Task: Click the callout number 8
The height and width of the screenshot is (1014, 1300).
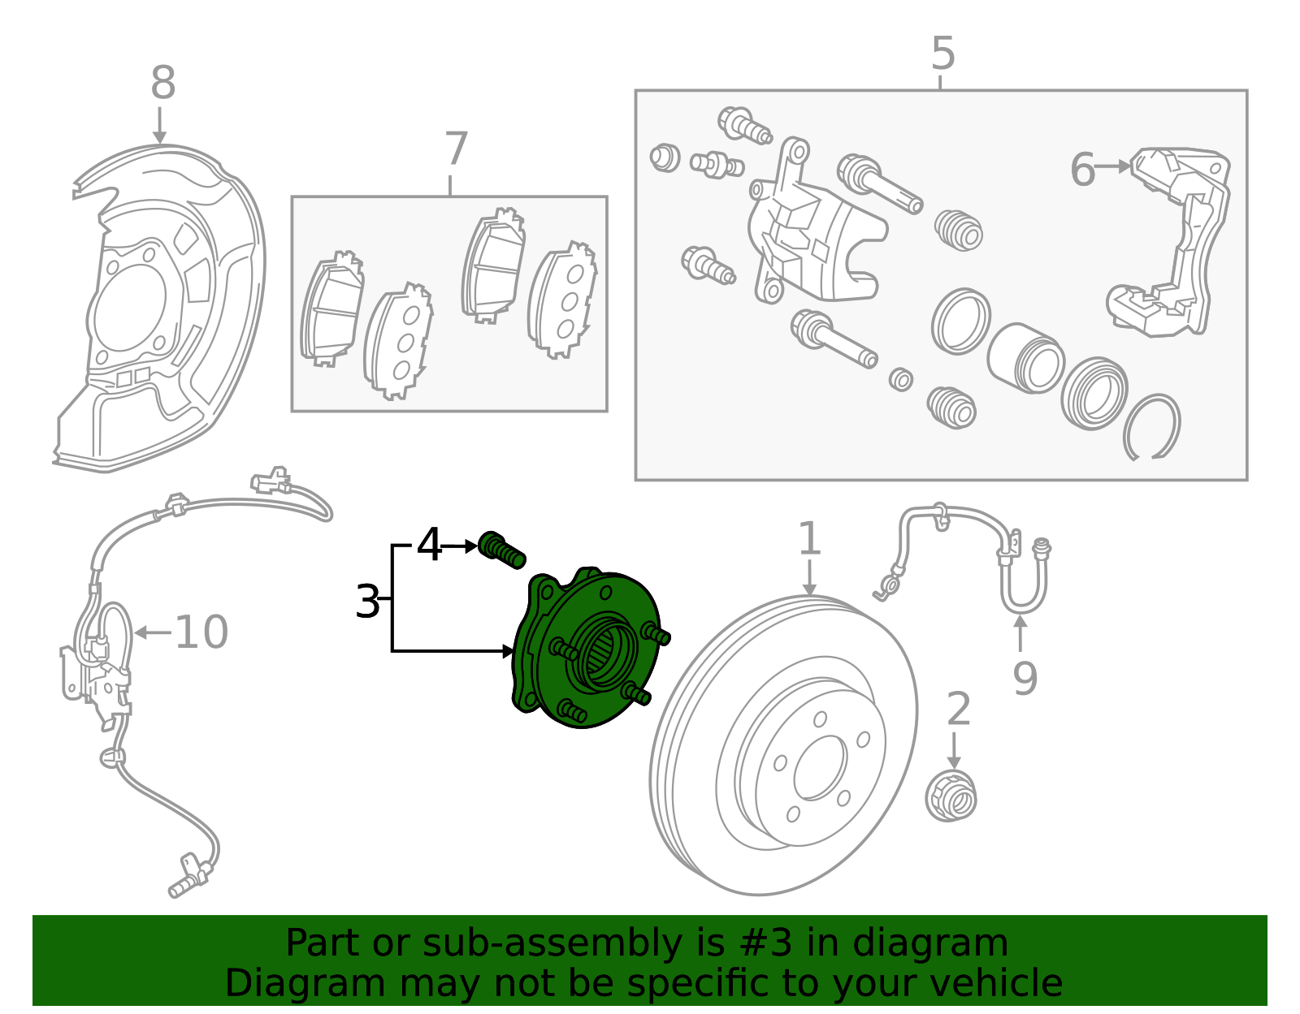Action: tap(163, 84)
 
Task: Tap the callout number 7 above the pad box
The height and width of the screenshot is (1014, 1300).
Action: tap(457, 149)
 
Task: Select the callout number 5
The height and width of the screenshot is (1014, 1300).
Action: tap(942, 54)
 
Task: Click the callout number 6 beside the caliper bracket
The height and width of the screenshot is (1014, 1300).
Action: tap(1082, 170)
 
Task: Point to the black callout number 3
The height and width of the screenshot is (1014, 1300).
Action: tap(367, 602)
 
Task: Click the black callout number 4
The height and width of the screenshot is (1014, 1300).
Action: tap(429, 545)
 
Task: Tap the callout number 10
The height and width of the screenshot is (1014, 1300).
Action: tap(201, 632)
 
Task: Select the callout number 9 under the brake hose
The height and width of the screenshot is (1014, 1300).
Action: tap(1025, 679)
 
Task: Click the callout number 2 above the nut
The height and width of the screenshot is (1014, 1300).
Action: tap(959, 709)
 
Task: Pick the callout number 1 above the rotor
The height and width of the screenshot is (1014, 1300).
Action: tap(809, 539)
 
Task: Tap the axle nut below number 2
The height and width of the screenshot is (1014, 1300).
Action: tap(951, 796)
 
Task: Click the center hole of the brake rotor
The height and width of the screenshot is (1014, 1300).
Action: tap(819, 768)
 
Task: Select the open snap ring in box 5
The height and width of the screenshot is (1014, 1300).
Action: tap(1152, 427)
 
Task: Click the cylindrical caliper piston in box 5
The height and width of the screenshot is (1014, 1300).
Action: tap(1025, 357)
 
